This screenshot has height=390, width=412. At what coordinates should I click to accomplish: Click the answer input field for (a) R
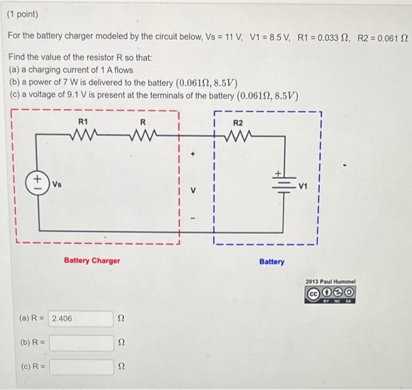pyautogui.click(x=81, y=319)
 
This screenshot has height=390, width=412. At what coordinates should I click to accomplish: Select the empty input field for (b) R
pyautogui.click(x=81, y=343)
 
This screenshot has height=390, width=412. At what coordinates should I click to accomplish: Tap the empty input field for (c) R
pyautogui.click(x=81, y=367)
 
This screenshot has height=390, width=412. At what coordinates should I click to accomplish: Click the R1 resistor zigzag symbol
pyautogui.click(x=83, y=135)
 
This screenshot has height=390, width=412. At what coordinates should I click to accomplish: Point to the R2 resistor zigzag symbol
pyautogui.click(x=238, y=135)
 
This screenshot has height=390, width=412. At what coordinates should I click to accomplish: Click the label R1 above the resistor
pyautogui.click(x=83, y=121)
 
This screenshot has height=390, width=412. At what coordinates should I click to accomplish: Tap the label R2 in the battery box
pyautogui.click(x=238, y=123)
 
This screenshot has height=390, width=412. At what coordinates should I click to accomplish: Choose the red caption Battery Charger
pyautogui.click(x=92, y=260)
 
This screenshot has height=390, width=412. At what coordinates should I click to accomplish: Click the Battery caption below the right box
pyautogui.click(x=271, y=262)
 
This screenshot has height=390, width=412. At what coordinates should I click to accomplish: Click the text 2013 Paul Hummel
pyautogui.click(x=330, y=281)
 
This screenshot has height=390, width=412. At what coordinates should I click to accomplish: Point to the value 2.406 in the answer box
pyautogui.click(x=62, y=319)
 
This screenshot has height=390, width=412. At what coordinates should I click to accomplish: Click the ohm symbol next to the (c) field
pyautogui.click(x=122, y=368)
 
